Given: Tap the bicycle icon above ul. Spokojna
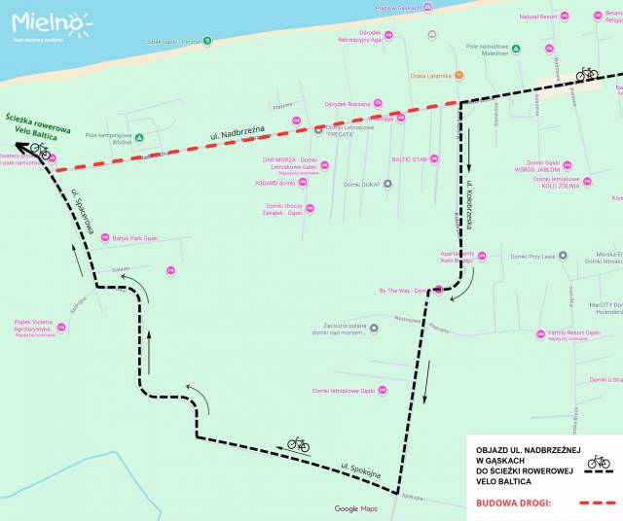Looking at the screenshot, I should (298, 444).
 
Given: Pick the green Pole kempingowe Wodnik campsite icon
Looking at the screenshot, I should (139, 137).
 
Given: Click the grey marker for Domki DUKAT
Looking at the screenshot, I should (387, 183).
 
